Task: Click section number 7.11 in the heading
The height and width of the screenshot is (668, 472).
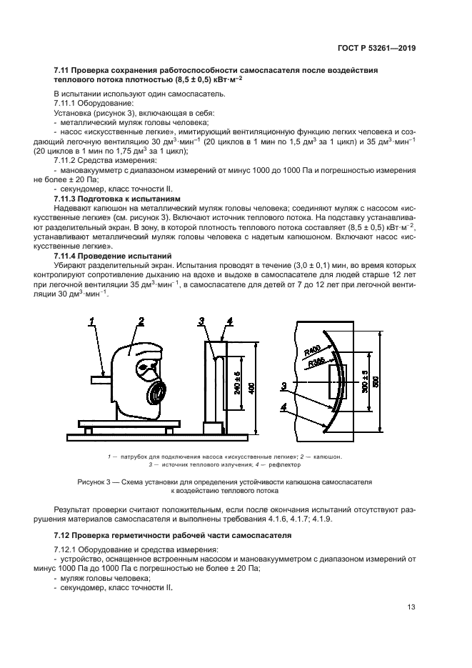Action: click(63, 69)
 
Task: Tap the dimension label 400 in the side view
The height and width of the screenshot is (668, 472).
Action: click(251, 387)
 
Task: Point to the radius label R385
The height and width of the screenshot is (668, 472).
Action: click(317, 363)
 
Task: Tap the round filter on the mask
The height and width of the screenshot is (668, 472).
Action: click(157, 394)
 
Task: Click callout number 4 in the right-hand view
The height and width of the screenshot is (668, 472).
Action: click(284, 407)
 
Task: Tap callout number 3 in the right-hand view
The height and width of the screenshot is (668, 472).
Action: click(284, 385)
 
